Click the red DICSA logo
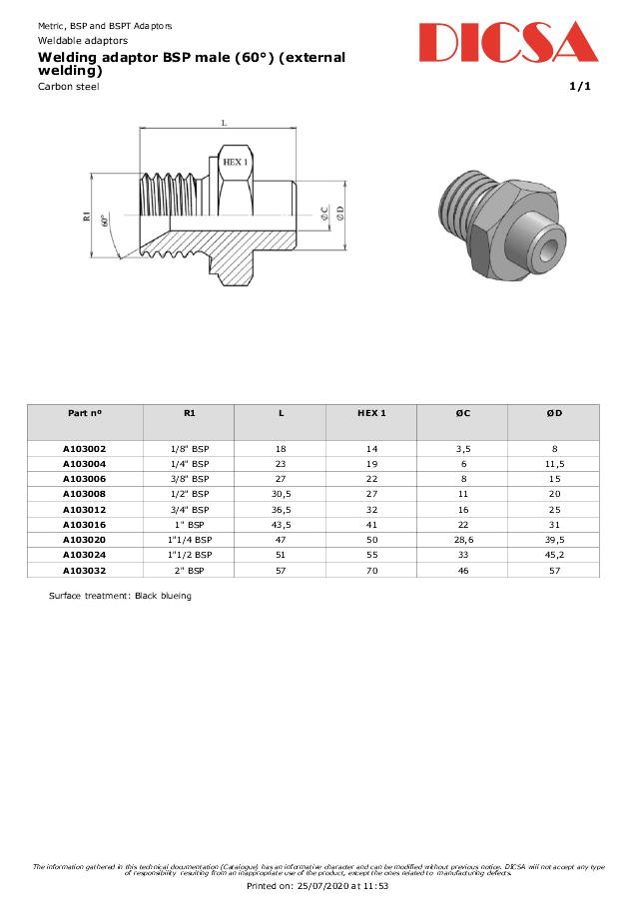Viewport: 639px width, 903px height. click(x=507, y=43)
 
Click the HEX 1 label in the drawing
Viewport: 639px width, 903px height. click(x=235, y=161)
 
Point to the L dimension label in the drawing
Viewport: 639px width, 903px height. click(x=224, y=123)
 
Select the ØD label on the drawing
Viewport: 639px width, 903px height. click(x=339, y=213)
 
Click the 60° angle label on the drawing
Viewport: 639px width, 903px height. click(x=104, y=221)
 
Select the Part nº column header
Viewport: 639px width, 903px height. click(x=85, y=412)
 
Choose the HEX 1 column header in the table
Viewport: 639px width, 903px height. click(x=370, y=412)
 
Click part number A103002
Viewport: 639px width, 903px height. click(x=85, y=449)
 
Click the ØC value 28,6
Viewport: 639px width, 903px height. click(x=462, y=539)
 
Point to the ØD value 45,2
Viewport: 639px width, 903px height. click(x=554, y=554)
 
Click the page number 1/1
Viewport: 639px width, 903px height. click(x=580, y=87)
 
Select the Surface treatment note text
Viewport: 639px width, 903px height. click(x=120, y=596)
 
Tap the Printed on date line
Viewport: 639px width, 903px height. click(x=318, y=885)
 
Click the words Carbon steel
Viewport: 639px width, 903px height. click(x=69, y=87)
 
